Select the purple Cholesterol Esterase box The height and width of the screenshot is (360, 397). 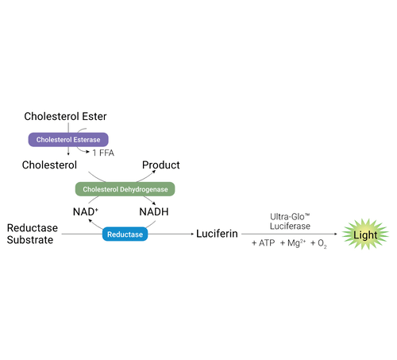(x=68, y=139)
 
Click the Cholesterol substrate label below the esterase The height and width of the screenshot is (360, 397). (x=49, y=165)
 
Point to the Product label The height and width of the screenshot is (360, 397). (x=160, y=165)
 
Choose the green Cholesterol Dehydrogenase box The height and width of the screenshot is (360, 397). (x=125, y=189)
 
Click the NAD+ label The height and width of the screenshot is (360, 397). (x=83, y=213)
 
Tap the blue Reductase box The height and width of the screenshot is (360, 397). (x=125, y=234)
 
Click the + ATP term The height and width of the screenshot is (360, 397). (x=263, y=242)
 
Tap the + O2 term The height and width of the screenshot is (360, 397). (x=323, y=242)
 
